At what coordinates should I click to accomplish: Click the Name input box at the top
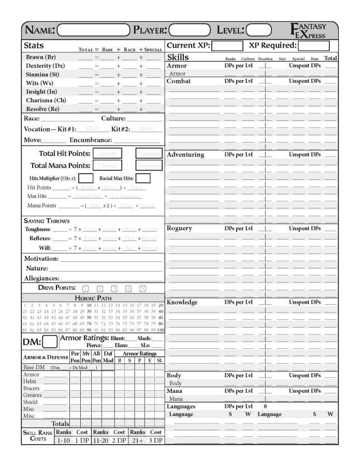pos(93,30)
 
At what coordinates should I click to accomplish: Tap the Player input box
pos(190,30)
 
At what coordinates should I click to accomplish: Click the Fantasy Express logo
pos(309,31)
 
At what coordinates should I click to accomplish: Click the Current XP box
pos(227,46)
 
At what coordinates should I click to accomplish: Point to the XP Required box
pos(318,46)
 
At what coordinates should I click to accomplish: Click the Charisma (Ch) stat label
pos(46,100)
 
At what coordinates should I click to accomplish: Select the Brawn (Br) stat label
pos(41,57)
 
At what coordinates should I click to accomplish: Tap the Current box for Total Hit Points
pos(108,153)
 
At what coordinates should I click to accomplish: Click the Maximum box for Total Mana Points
pos(149,165)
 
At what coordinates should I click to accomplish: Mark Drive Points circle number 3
pos(114,289)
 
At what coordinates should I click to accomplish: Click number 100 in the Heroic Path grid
pos(161,330)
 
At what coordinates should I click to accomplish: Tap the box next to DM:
pos(50,342)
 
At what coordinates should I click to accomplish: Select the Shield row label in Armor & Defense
pos(31,402)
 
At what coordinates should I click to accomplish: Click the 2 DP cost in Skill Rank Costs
pos(119,440)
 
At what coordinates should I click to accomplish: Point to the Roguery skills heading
pos(180,228)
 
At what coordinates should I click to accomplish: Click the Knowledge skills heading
pos(182,302)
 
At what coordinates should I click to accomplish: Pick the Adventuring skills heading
pos(185,154)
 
